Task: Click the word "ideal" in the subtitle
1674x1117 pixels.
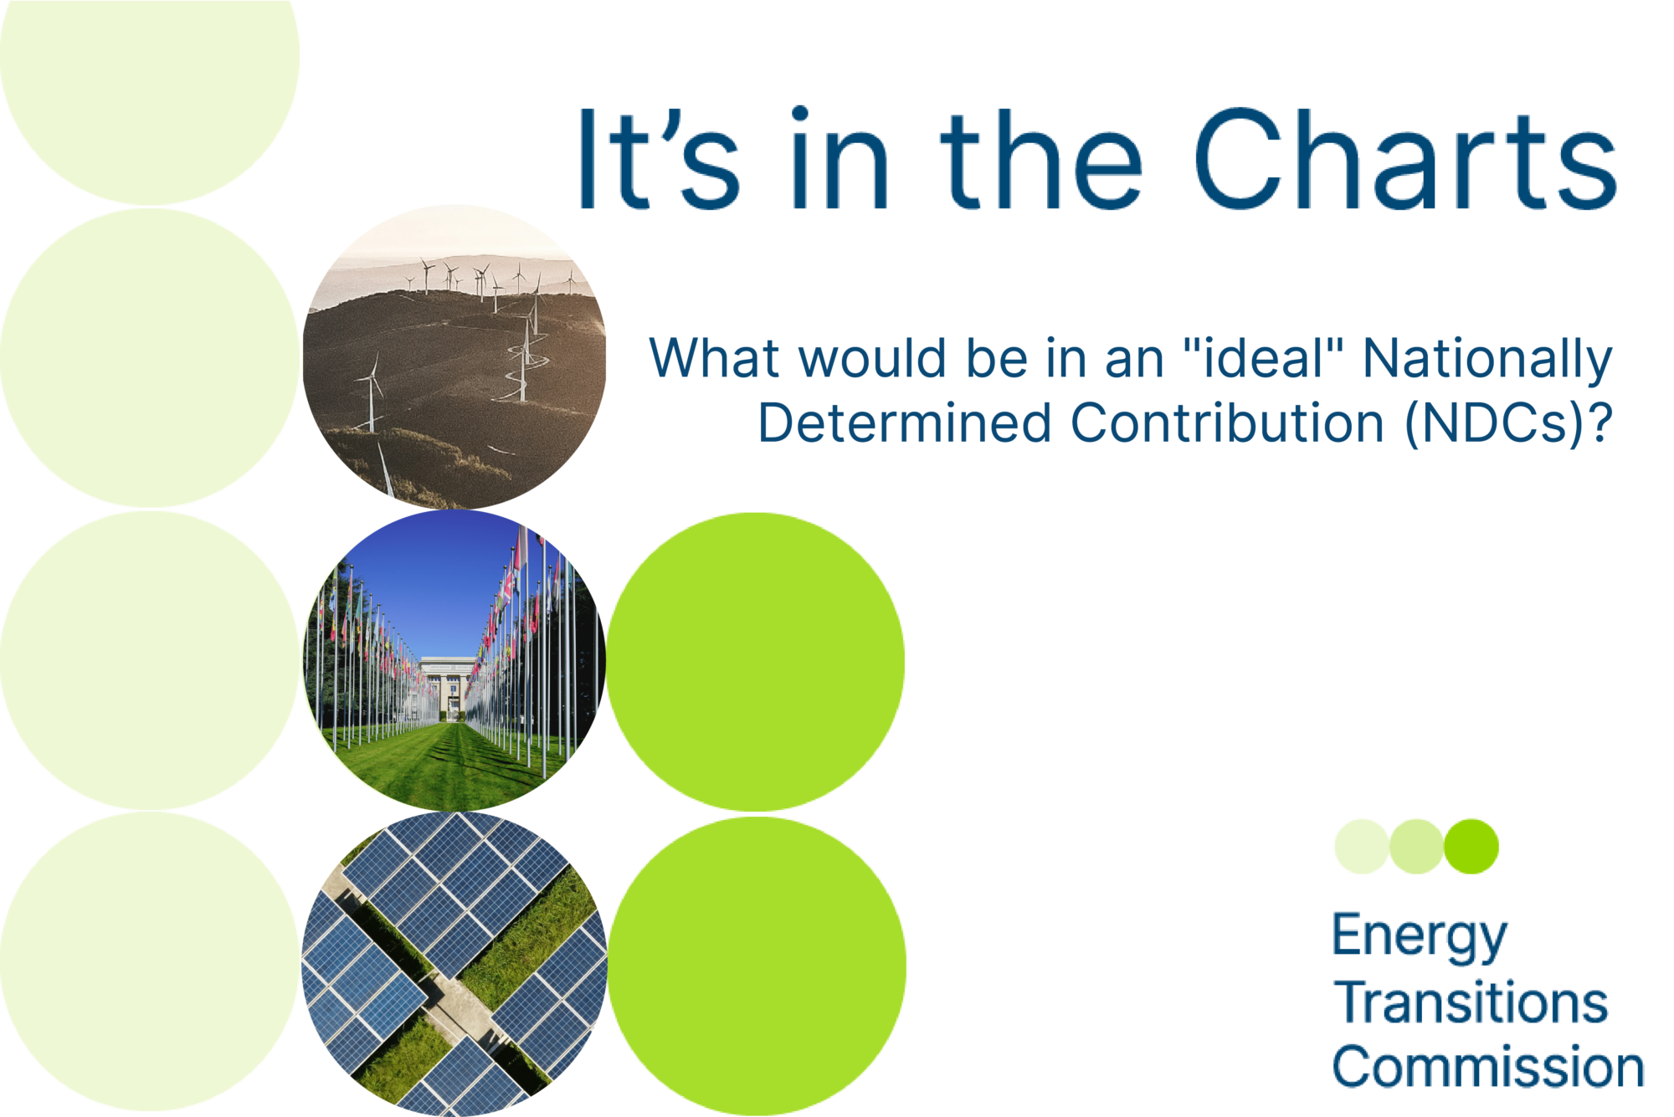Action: pos(1263,357)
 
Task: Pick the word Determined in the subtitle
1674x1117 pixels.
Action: pos(904,423)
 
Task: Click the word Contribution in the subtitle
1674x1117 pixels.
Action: pos(1227,423)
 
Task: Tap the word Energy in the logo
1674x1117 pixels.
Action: pos(1420,937)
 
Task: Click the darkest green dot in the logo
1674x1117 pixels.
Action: pos(1471,847)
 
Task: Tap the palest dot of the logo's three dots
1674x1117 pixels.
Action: pos(1362,847)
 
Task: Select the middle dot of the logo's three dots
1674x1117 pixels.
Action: pos(1416,847)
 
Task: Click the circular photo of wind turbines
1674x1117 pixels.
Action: pos(454,357)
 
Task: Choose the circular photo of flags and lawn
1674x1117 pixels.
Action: pos(454,661)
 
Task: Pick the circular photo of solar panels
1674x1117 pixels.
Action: pos(454,964)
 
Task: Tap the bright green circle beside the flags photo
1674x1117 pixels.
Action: pos(756,662)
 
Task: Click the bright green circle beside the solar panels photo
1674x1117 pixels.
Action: pos(757,966)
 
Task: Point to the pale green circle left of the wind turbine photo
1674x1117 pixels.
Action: pos(149,358)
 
